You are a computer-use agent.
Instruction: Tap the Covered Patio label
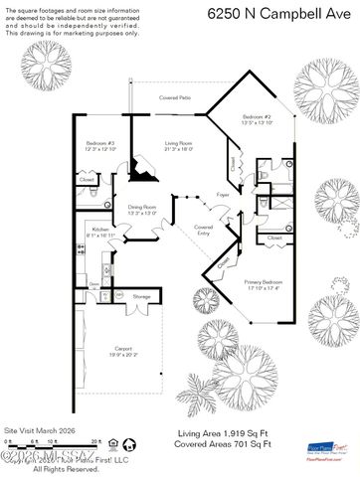point(176,98)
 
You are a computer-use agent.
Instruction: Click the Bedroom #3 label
point(100,145)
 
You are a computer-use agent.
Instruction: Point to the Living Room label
point(180,145)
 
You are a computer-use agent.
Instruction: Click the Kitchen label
point(101,230)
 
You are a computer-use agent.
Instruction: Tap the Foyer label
point(224,196)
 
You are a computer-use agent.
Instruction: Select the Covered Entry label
point(204,230)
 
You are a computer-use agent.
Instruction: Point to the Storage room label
point(142,296)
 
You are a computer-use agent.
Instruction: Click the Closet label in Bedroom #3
point(87,180)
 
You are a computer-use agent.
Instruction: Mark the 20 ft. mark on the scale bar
point(96,439)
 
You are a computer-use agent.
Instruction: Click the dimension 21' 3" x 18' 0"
point(180,151)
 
